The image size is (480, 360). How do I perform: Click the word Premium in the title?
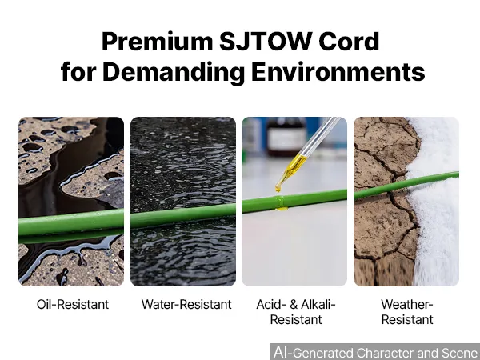coord(158,42)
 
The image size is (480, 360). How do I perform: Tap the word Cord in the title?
coord(349,41)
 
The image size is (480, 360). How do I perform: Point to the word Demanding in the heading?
coord(174,72)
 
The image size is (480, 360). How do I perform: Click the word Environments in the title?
coord(338,71)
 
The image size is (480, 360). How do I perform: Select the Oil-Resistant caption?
coord(73,304)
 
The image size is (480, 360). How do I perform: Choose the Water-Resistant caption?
coord(186,304)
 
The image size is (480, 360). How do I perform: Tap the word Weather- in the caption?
coord(407,304)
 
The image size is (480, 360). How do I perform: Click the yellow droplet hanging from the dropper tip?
coord(278,187)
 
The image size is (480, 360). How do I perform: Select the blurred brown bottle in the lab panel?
coord(286,136)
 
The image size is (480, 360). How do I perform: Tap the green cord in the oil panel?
coord(71,226)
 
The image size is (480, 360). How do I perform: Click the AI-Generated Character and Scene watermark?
coord(375,352)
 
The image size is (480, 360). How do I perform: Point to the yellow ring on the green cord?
coord(281,203)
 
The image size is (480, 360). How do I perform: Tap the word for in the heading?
coord(78,71)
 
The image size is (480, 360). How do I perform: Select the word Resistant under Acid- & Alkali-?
coord(296,319)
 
